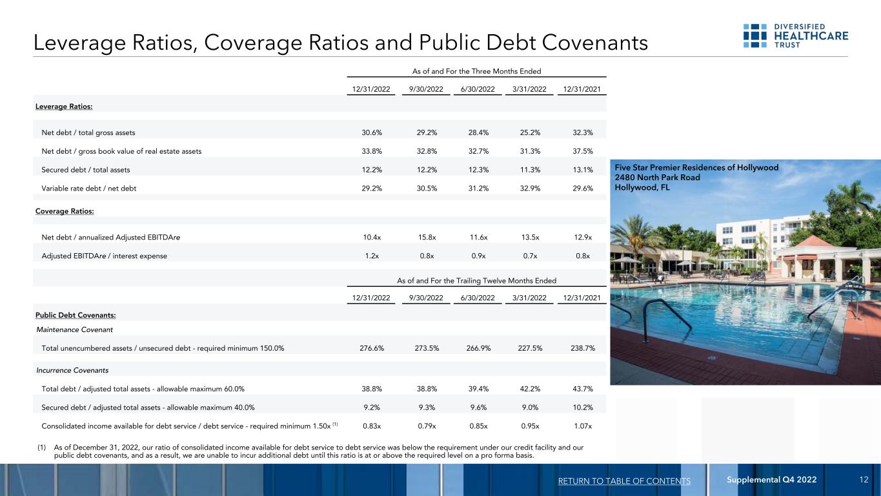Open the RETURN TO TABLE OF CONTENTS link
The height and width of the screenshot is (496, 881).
[x=624, y=480]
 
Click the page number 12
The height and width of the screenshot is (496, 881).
[x=864, y=480]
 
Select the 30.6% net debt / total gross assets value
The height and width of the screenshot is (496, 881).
[x=371, y=133]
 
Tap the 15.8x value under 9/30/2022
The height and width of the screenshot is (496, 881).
[x=427, y=238]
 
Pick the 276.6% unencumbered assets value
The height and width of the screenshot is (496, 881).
[x=371, y=349]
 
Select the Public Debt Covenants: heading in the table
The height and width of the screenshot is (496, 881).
[x=76, y=315]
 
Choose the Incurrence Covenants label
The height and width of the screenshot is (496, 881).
[x=72, y=371]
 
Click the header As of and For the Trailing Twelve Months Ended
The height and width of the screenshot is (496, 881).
[x=476, y=280]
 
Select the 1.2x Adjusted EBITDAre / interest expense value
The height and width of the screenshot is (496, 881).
[x=371, y=256]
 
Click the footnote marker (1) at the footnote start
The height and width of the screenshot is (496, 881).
[x=41, y=446]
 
